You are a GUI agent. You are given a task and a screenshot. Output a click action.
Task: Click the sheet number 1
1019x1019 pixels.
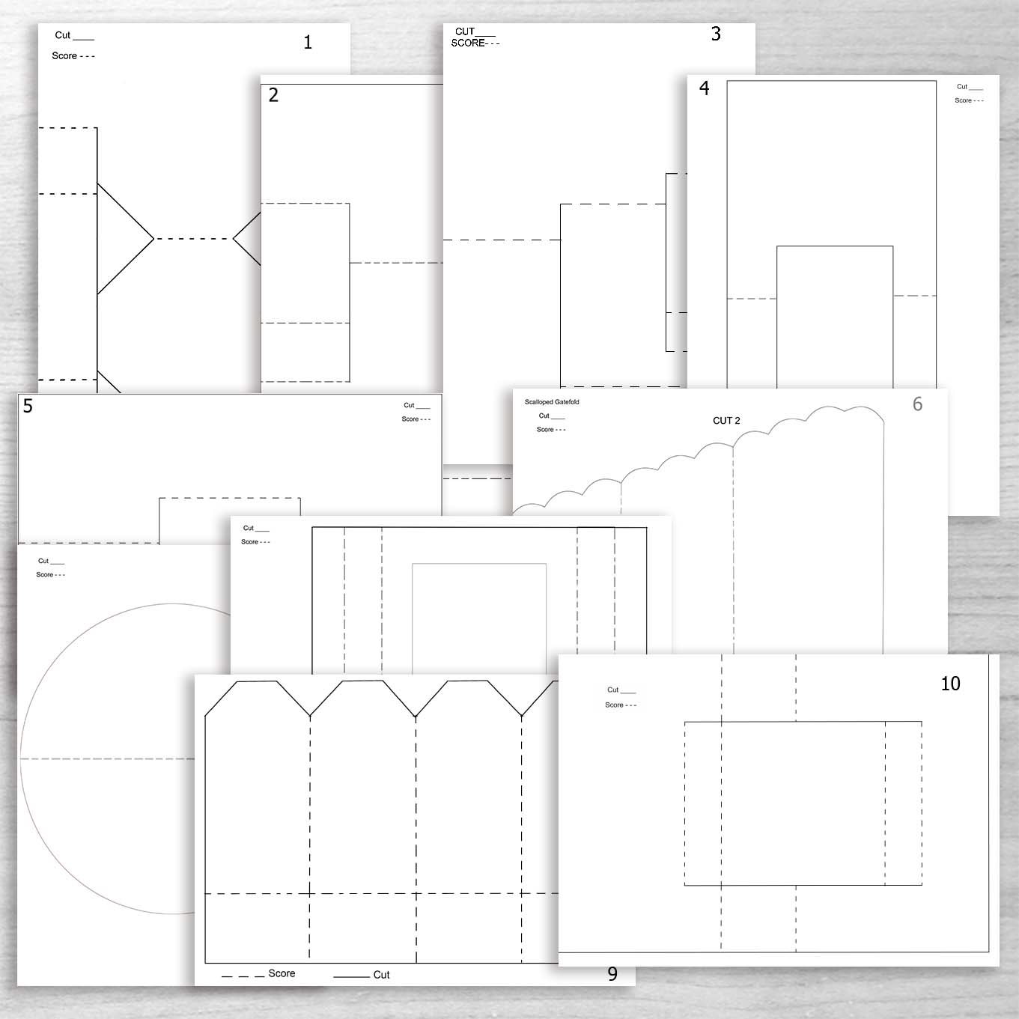(308, 43)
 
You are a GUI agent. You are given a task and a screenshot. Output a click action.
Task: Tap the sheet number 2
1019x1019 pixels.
(273, 95)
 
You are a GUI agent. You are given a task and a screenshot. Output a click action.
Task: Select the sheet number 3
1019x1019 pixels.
(716, 34)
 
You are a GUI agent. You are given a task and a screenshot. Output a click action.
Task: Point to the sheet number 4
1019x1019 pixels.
(704, 88)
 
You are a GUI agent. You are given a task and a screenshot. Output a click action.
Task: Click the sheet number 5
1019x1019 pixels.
(28, 406)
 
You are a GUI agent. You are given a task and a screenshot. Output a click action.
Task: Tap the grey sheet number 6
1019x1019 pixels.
(917, 404)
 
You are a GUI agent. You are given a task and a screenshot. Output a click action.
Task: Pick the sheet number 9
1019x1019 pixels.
(612, 974)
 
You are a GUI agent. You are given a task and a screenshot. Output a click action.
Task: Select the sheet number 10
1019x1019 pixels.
(950, 684)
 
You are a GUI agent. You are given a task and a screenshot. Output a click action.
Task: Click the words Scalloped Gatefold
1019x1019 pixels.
(552, 402)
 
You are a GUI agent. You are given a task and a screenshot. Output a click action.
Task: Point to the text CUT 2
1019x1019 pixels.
(726, 421)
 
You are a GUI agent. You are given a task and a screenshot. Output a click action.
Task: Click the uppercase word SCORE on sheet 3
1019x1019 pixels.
(467, 43)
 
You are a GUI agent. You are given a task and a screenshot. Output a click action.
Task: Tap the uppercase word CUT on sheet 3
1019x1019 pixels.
(465, 31)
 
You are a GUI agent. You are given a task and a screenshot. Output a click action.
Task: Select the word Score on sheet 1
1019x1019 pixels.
(64, 56)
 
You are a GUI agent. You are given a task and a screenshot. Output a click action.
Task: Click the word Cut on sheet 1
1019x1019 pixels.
(62, 35)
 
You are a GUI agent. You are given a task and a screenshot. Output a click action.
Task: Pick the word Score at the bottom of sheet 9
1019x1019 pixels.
(282, 973)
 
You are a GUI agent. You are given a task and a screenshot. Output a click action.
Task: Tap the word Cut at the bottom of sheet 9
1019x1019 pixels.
(381, 975)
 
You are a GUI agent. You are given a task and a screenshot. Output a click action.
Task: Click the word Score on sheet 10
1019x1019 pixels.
(614, 705)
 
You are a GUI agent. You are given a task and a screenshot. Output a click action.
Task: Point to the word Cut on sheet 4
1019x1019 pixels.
(962, 87)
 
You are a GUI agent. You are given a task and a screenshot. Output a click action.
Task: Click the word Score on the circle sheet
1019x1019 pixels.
(44, 575)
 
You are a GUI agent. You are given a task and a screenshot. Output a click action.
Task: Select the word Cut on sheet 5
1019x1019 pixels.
(409, 406)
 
